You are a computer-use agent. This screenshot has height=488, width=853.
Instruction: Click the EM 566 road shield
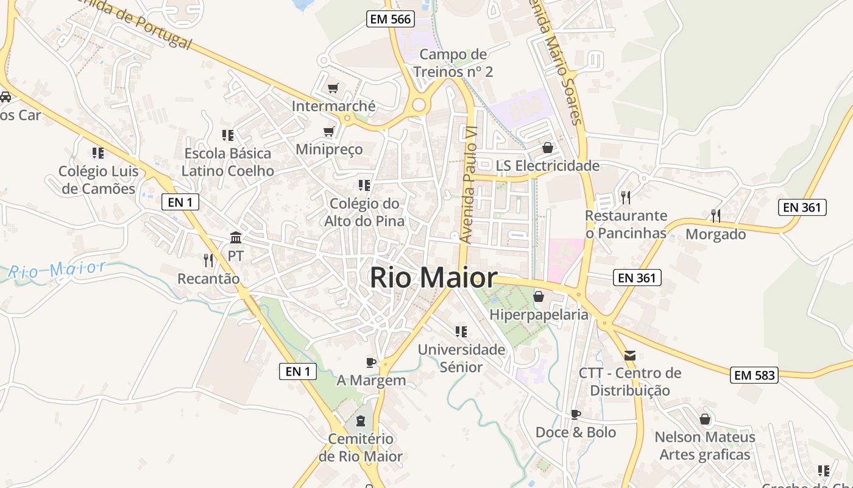[x=391, y=19]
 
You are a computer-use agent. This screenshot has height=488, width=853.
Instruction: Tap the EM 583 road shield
[x=755, y=375]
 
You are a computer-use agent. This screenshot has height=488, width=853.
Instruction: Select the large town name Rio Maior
[x=433, y=278]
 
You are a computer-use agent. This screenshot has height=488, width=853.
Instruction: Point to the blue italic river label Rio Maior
[x=57, y=270]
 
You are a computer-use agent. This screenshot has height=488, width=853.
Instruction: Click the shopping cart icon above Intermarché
[x=333, y=88]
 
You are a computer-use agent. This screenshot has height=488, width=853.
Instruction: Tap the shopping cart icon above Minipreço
[x=329, y=131]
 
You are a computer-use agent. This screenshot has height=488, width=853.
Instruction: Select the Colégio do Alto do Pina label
[x=364, y=212]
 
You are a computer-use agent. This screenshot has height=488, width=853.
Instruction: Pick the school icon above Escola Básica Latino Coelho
[x=227, y=135]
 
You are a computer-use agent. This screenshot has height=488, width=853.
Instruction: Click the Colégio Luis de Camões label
[x=99, y=180]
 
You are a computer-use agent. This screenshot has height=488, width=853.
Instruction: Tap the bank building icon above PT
[x=236, y=237]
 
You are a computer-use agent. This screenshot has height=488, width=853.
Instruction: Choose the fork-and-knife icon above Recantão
[x=208, y=260]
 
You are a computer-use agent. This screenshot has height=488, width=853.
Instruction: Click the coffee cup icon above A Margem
[x=370, y=362]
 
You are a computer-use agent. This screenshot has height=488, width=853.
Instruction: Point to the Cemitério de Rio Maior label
[x=361, y=447]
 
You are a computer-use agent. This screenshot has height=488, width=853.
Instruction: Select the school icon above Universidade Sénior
[x=461, y=331]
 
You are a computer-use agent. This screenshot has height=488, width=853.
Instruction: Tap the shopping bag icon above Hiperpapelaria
[x=539, y=296]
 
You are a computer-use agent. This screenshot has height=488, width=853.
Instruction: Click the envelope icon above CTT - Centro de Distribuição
[x=630, y=355]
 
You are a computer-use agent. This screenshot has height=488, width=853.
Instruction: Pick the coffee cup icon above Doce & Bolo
[x=575, y=414]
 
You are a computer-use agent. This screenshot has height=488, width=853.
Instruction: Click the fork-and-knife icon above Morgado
[x=716, y=215]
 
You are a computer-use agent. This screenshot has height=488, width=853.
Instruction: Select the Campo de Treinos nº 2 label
[x=453, y=63]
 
